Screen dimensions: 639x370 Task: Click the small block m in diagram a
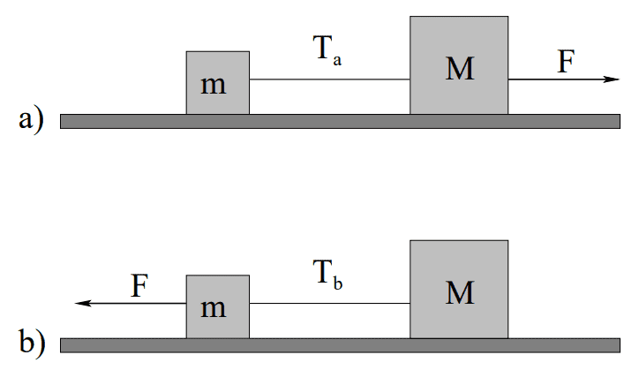pos(218,83)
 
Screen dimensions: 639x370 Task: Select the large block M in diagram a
pos(459,65)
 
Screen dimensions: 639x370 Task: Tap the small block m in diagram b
pos(218,306)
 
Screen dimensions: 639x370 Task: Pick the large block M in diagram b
pos(459,290)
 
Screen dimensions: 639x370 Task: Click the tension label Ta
pos(327,50)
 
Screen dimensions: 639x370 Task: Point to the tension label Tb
pos(327,275)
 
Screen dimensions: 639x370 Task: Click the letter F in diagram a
pos(566,61)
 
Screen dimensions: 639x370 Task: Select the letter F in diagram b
pos(139,285)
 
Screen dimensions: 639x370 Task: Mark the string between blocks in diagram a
pos(330,79)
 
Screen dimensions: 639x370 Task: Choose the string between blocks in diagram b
pos(330,303)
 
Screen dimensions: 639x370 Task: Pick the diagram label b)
pos(32,344)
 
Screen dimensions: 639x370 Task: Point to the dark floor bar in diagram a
pos(341,122)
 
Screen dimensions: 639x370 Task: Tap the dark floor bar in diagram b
pos(341,345)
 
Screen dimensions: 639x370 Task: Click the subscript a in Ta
pos(337,61)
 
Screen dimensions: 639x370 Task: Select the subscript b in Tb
pos(338,283)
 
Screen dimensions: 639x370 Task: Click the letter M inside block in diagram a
pos(460,69)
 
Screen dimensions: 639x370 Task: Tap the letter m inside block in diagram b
pos(213,309)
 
